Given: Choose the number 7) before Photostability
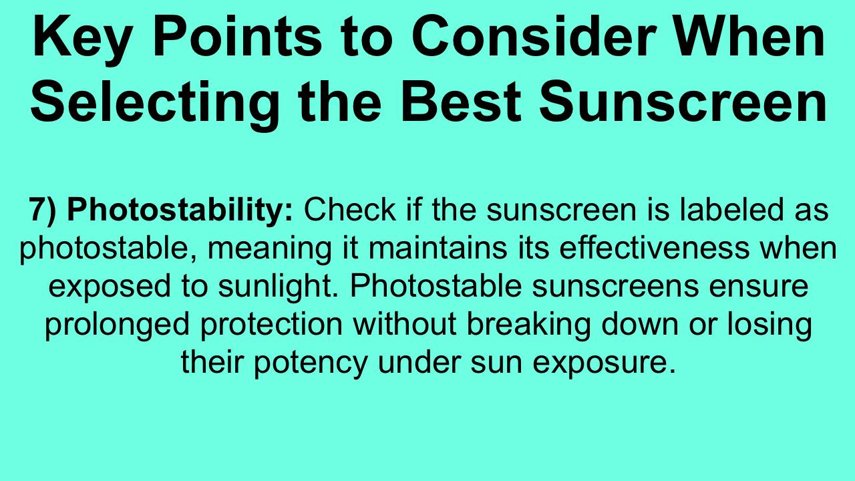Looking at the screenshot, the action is tap(42, 210).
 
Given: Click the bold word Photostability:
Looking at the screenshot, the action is tap(180, 210).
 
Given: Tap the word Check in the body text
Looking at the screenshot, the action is tap(349, 210).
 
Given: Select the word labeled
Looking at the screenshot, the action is tap(731, 210).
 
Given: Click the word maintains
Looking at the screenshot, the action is tap(438, 248).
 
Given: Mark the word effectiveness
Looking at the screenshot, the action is tap(654, 248).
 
